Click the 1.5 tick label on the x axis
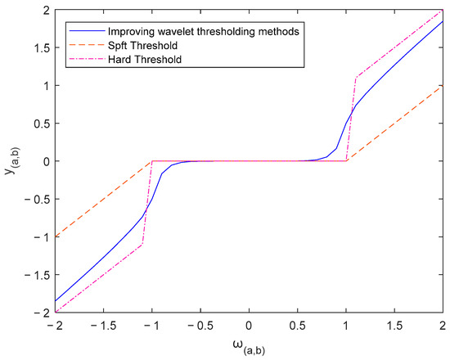click(x=394, y=326)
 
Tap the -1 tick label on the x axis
click(x=151, y=326)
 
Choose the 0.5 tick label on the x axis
click(x=298, y=326)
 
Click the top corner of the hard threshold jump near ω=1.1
click(x=357, y=78)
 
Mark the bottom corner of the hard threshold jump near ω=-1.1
click(x=142, y=245)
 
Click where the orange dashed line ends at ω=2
click(x=443, y=85)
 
